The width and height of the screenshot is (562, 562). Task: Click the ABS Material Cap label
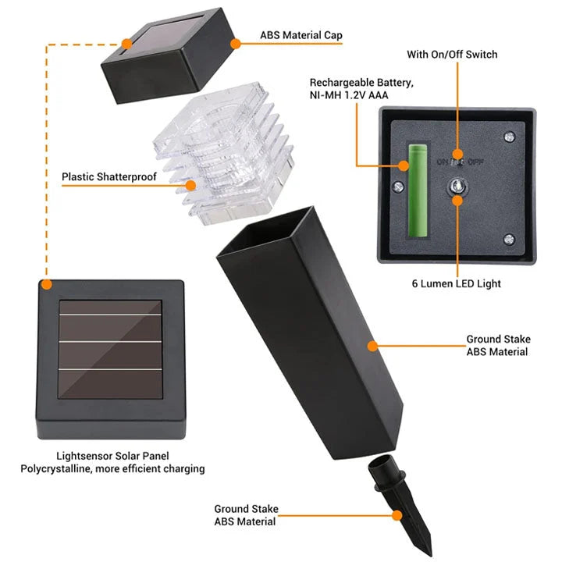point(301,35)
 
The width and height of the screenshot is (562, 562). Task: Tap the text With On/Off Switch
point(452,55)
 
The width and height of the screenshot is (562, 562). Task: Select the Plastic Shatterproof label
point(109,177)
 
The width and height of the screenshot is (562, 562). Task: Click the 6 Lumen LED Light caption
point(457,283)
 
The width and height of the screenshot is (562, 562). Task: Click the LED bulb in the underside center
point(456,187)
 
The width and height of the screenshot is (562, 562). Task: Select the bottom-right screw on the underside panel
point(510,240)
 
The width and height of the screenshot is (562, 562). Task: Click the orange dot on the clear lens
point(191,185)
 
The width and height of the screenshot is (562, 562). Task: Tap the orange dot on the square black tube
point(373,343)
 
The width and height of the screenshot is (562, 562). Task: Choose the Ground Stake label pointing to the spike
point(246,515)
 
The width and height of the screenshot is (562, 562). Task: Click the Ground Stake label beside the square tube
point(498,346)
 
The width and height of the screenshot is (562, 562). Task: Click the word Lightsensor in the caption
point(85,456)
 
